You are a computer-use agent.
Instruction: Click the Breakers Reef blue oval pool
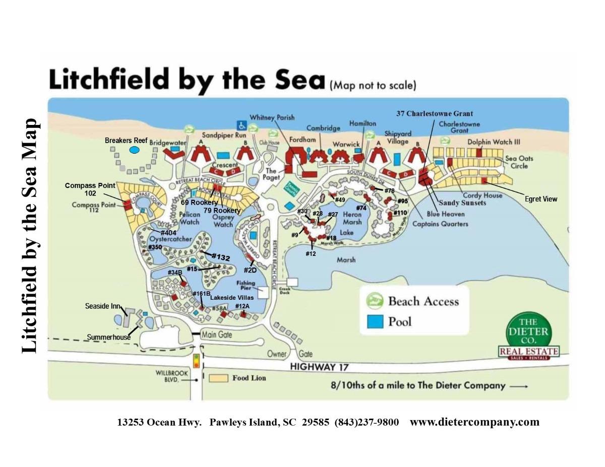[134, 150]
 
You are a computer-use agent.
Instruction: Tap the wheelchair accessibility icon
[241, 124]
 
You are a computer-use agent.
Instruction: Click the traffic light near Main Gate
[197, 360]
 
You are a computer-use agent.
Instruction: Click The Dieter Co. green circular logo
[528, 331]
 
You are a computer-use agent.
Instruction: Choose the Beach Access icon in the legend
[375, 301]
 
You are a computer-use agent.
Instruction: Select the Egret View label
[541, 199]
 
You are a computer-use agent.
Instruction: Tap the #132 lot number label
[220, 257]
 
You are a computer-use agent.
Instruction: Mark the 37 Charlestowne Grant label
[435, 113]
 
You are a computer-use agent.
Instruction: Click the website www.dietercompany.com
[474, 422]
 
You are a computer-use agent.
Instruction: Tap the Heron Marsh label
[352, 218]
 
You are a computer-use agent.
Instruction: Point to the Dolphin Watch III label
[494, 142]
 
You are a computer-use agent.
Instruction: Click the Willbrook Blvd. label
[167, 377]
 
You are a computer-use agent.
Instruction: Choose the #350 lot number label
[155, 247]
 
